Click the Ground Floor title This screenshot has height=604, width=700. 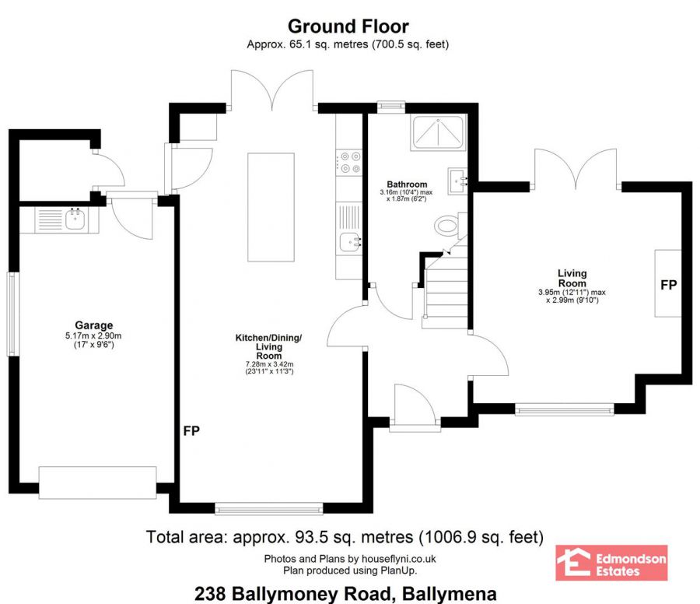point(348,26)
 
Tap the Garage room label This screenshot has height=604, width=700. point(94,325)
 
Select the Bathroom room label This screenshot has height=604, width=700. point(407,184)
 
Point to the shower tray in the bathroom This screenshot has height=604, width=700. point(438,132)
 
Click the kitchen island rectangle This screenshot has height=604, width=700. point(271,207)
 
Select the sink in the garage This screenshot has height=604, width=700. point(75,219)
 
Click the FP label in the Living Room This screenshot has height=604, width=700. point(668,285)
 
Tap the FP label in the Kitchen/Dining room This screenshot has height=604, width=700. point(191,430)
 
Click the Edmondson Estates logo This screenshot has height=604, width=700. point(611,563)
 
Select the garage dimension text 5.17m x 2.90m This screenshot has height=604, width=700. point(94,335)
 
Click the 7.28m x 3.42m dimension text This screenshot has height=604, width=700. point(269,364)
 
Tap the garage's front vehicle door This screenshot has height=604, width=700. point(98,483)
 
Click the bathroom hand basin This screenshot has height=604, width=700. point(457,181)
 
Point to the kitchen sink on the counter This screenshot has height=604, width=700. point(349,243)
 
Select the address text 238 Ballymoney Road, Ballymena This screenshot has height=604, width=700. point(345,594)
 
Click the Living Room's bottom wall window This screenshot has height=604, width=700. point(565,409)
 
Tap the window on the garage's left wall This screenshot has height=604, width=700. point(12,314)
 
